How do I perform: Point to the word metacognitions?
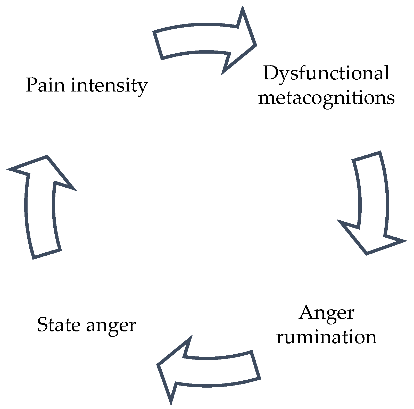click(326, 98)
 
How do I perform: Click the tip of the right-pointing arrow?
click(255, 45)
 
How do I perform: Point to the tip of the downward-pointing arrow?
click(367, 254)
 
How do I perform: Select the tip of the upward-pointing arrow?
click(47, 156)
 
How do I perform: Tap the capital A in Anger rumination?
click(307, 313)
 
